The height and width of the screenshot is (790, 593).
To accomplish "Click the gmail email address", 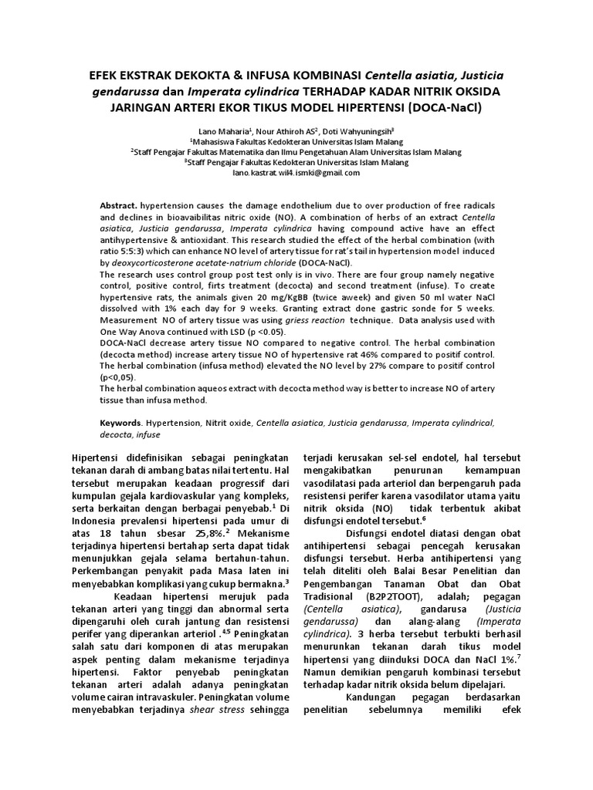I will point(296,173).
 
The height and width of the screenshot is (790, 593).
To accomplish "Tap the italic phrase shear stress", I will point(212,709).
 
